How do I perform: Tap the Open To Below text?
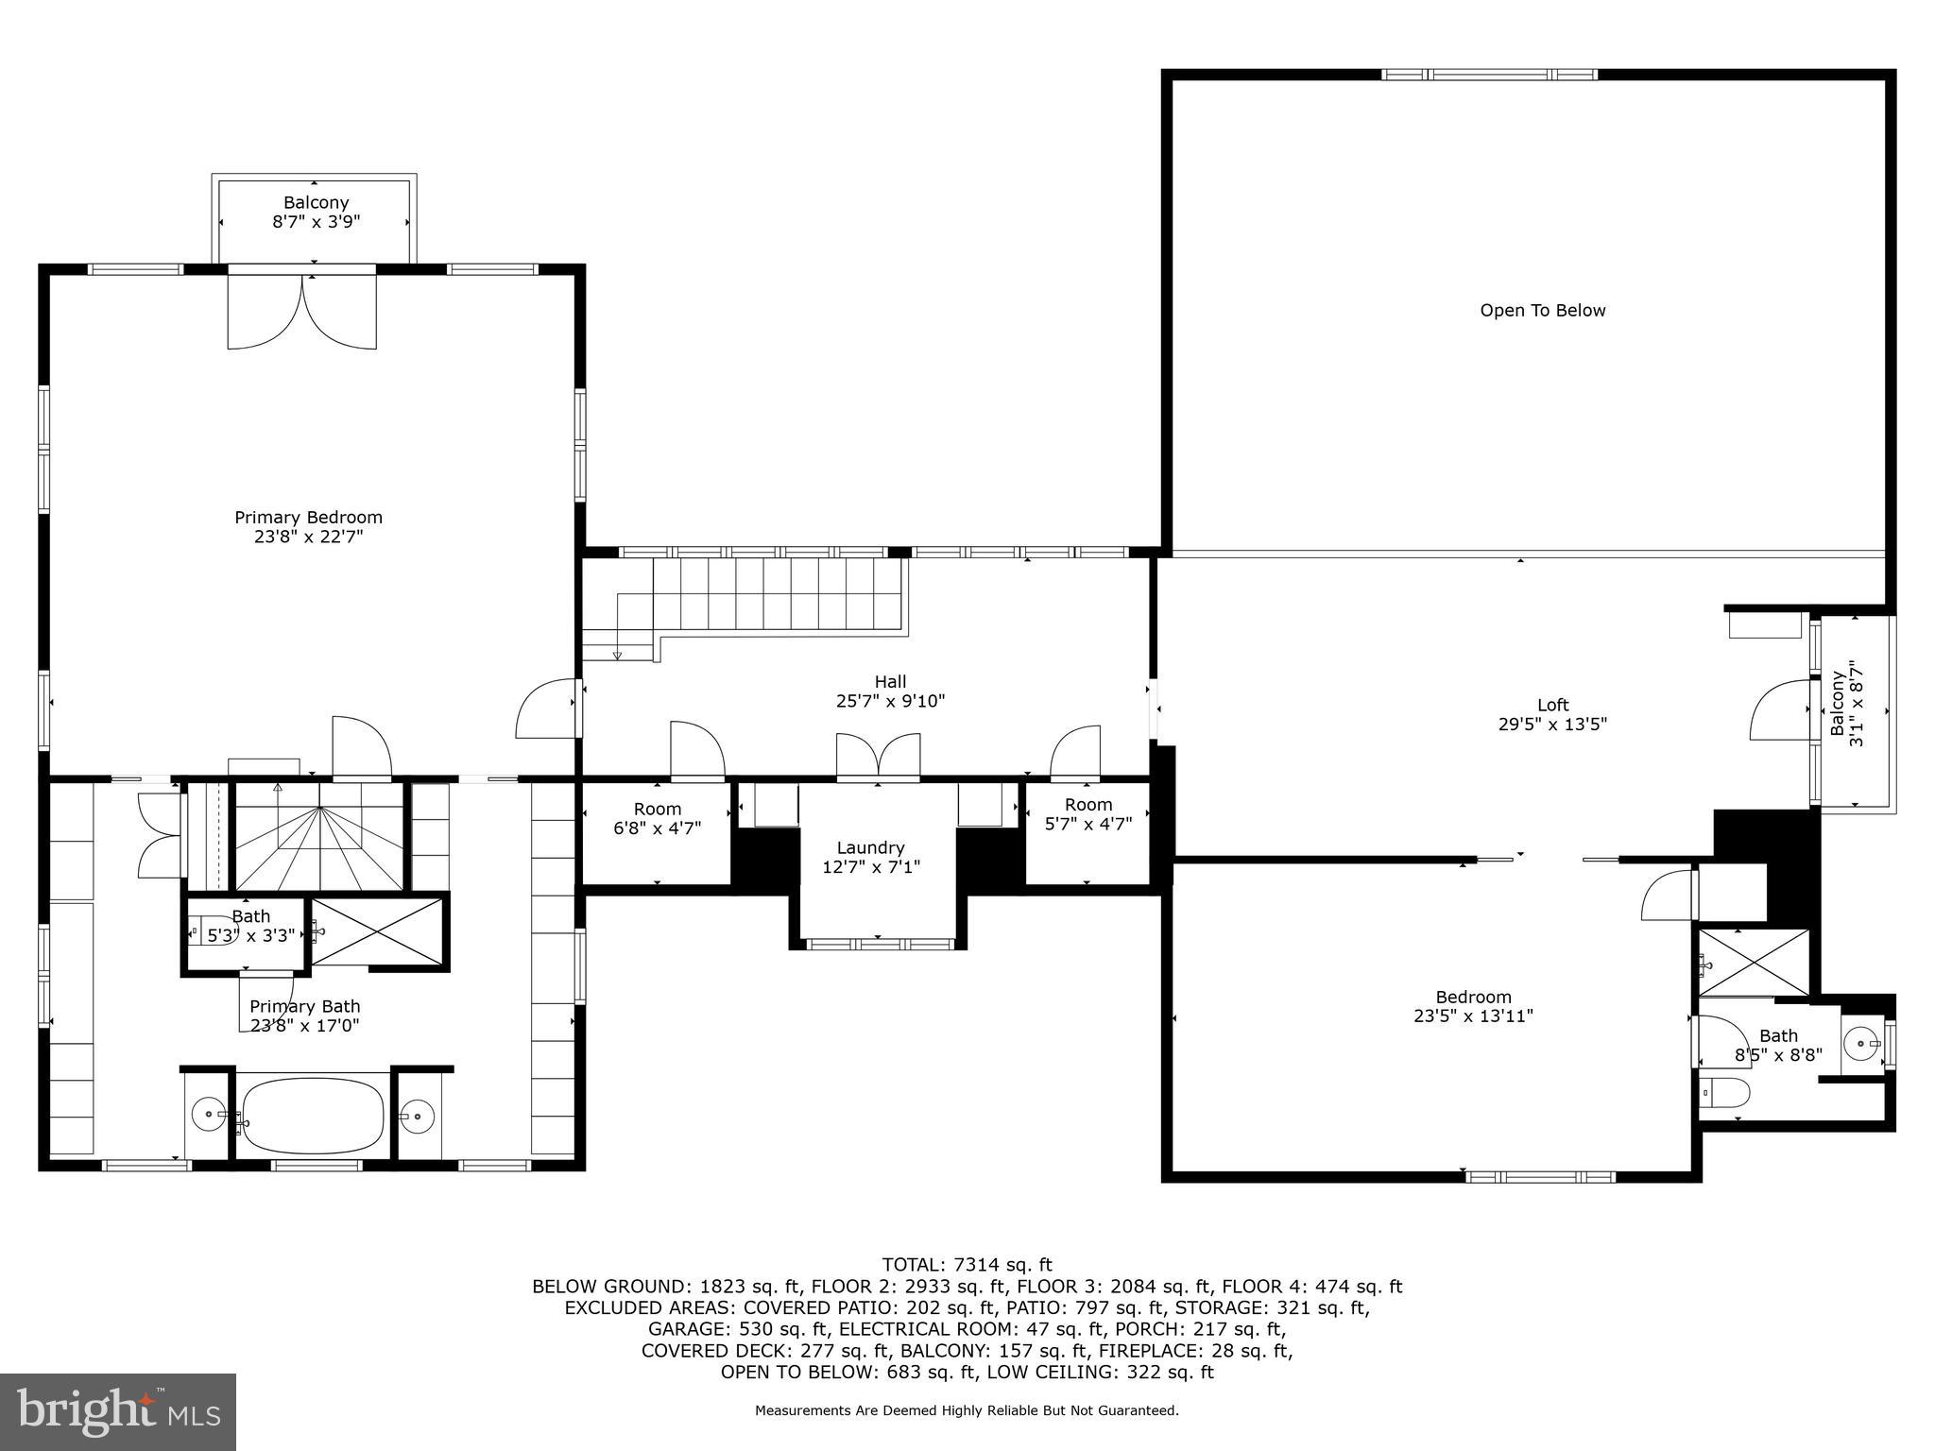point(1542,311)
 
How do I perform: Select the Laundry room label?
point(870,848)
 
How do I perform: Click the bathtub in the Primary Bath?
point(313,1116)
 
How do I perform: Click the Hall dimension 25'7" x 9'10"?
point(890,701)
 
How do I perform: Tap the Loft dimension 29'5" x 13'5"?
point(1552,725)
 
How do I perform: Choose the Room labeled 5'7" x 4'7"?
point(1088,814)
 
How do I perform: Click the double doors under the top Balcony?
point(302,312)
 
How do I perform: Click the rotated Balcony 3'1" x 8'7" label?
point(1846,708)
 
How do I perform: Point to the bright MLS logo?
point(118,1411)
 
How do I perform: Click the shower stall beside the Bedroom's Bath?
point(1754,962)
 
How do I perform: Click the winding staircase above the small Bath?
point(320,836)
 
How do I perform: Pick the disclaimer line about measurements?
point(966,1411)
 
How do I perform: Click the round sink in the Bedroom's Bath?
point(1862,1044)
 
